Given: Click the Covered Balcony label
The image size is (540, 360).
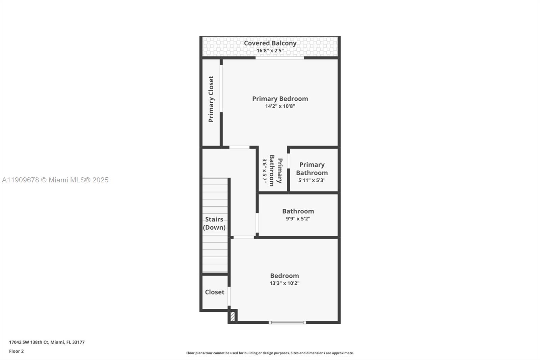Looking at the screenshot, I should pos(270,43).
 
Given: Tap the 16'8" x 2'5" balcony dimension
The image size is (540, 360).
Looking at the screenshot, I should pos(270,51).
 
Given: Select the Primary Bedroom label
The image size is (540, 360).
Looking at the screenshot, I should pos(280,99).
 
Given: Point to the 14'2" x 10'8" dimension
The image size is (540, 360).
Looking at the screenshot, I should pos(280,106).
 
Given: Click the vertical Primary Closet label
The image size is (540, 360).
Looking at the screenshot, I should pos(211,99).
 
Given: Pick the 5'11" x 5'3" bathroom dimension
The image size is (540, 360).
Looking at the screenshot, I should pos(312,180).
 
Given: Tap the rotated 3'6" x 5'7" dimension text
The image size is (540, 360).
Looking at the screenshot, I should pos(265,171).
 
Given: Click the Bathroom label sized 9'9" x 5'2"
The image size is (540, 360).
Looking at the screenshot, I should pos(298,211).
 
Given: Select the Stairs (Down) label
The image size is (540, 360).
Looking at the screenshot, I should pos(214,223).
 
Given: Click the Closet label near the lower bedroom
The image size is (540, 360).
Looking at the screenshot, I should pos(215,292).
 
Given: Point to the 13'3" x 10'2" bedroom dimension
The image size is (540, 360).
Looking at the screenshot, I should pos(284,283).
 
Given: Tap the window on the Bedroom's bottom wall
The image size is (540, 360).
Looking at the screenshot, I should pos(287,322).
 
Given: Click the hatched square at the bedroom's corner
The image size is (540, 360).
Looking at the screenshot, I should pos(233,316).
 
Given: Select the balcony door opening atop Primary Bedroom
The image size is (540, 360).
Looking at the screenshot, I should pos(279,58).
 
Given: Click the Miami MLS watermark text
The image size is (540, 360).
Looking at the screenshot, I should pos(55,180).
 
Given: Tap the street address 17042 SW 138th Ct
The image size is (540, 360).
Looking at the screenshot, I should pos(47,342).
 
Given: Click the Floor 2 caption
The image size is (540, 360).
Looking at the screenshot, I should pos(16,351).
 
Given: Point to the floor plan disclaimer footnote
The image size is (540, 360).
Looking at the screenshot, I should pos(270,353).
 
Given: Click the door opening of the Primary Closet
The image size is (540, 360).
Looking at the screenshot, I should pos(221,88).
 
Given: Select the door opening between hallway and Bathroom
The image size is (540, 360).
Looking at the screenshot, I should pos(257,223).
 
